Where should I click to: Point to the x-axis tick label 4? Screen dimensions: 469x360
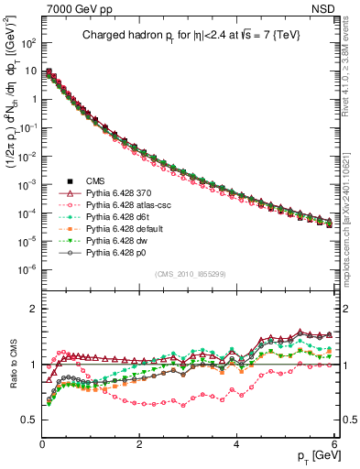click(236, 444)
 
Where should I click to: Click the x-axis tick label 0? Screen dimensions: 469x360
click(42, 444)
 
